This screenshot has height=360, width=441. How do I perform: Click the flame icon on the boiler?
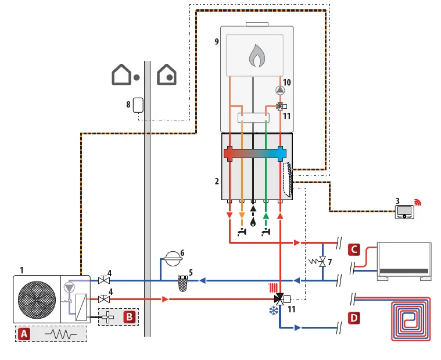click(256, 56)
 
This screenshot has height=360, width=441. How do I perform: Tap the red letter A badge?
click(24, 334)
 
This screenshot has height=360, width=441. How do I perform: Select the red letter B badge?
click(129, 317)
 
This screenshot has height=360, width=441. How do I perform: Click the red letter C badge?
click(355, 250)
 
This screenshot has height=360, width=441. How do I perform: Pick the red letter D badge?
click(355, 318)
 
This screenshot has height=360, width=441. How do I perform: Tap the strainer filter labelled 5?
click(183, 282)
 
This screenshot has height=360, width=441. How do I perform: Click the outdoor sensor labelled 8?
click(138, 105)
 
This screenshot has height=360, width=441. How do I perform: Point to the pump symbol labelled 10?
click(280, 90)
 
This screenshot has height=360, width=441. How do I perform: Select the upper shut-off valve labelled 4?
click(105, 280)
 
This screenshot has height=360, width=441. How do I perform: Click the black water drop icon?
click(253, 221)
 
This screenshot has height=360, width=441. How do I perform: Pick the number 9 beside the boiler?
click(216, 42)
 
